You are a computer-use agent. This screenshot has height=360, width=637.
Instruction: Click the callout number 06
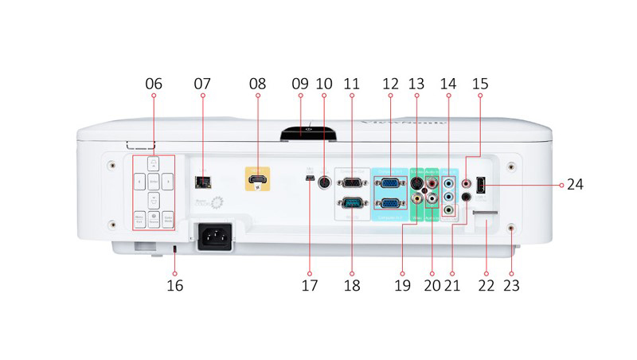(x=154, y=83)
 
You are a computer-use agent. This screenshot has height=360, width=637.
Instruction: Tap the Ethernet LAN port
(x=202, y=182)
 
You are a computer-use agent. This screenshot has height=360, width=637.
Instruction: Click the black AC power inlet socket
(x=213, y=237)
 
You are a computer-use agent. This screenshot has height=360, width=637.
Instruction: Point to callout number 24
(x=575, y=184)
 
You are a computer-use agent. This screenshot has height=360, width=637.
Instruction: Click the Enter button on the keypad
(x=153, y=182)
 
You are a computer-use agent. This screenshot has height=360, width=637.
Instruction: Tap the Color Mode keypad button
(x=168, y=217)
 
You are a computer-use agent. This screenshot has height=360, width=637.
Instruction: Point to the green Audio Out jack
(x=449, y=210)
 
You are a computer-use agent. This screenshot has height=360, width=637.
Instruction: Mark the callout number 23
(x=511, y=284)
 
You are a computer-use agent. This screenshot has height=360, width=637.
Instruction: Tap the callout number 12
(x=390, y=83)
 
